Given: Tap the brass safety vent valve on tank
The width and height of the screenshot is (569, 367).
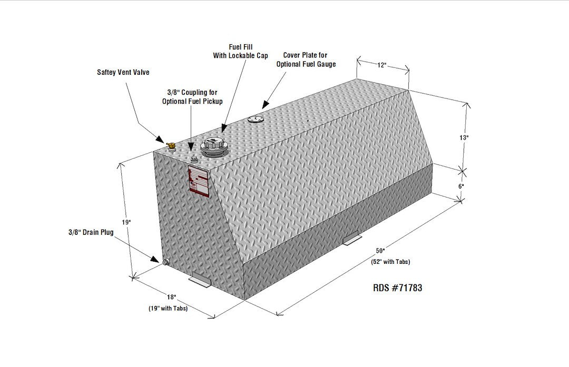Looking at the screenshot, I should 170,145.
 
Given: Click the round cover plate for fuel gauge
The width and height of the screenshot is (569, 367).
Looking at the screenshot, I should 256,119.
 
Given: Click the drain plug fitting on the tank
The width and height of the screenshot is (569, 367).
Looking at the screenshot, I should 165,262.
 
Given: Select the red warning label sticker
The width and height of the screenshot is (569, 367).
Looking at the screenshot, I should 199,181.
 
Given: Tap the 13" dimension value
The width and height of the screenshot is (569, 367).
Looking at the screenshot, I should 464,137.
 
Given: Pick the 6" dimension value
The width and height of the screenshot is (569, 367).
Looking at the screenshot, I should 461,186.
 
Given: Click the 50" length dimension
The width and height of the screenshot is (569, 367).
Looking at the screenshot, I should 380,251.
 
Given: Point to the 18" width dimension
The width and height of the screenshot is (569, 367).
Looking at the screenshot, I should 171,297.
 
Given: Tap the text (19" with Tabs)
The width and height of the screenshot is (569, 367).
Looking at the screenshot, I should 168,309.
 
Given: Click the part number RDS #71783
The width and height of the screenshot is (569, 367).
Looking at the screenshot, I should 397,288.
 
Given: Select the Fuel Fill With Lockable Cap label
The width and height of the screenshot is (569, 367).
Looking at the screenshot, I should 240,51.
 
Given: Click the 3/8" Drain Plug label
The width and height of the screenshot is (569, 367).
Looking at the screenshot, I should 91,232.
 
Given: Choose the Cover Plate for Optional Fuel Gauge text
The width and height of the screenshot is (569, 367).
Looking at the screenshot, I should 306,59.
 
